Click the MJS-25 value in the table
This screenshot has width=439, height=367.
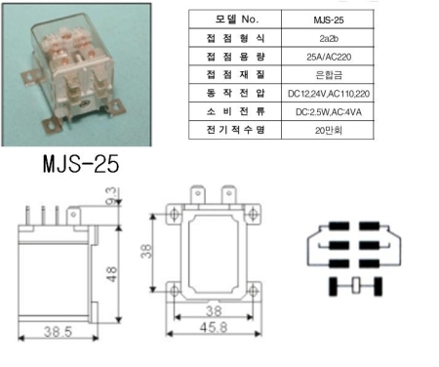tap(329, 20)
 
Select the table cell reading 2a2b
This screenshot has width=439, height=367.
tap(329, 38)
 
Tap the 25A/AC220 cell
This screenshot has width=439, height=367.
tap(329, 57)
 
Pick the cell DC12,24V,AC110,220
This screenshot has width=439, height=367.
tap(329, 94)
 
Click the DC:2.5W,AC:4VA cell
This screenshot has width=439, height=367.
tap(329, 112)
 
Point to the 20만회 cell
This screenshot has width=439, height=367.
tap(329, 130)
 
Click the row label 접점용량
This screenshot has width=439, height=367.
tap(236, 57)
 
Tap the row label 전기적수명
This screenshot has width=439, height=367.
tap(236, 130)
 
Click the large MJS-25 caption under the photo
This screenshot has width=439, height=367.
tap(81, 164)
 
